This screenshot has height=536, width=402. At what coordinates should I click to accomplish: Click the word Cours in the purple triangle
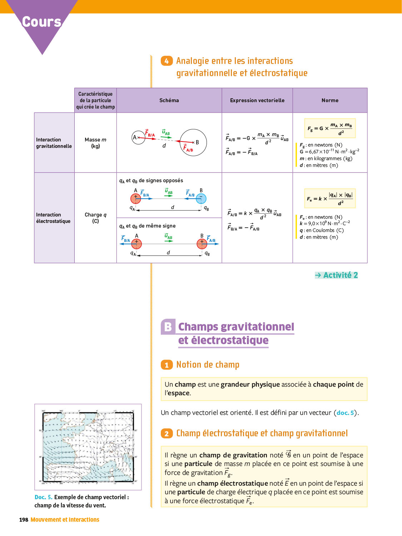[x=42, y=22]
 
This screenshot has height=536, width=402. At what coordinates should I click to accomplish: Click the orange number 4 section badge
[x=167, y=61]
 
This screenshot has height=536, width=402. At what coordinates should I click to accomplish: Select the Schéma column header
[x=169, y=100]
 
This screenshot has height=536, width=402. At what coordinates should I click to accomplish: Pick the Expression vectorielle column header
[x=257, y=100]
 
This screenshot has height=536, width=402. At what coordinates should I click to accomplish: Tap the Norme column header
[x=330, y=100]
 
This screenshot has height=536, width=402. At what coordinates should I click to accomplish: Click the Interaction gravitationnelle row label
[x=54, y=143]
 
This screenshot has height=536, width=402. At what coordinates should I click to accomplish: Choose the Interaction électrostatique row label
[x=53, y=218]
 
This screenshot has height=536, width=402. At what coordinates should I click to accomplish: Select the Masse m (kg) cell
[x=95, y=143]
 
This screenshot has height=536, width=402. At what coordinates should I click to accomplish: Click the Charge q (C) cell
[x=95, y=218]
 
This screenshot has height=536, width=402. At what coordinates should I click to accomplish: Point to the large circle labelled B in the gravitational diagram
[x=193, y=143]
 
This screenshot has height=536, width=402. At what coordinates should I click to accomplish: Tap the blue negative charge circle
[x=201, y=198]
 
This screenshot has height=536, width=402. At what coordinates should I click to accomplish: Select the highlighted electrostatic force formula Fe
[x=330, y=199]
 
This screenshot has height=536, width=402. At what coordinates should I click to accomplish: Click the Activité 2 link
[x=337, y=275]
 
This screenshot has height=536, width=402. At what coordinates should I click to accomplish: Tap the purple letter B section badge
[x=168, y=327]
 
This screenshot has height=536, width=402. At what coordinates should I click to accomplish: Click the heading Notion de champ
[x=208, y=364]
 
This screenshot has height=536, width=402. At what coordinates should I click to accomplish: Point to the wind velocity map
[x=88, y=447]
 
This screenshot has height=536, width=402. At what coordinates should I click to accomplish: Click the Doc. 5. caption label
[x=43, y=497]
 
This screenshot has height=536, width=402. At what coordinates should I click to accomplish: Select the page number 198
[x=24, y=520]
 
